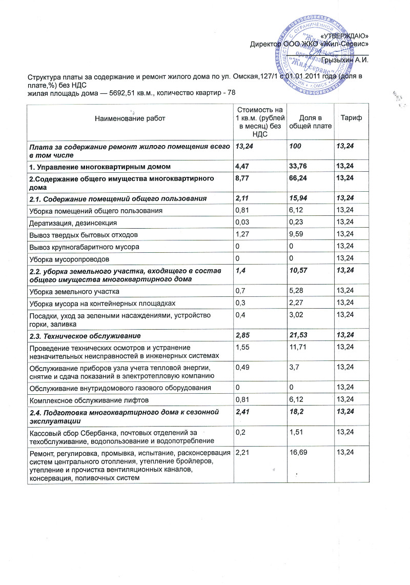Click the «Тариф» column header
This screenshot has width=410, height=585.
pyautogui.click(x=351, y=119)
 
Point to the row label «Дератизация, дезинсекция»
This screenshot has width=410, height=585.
pyautogui.click(x=73, y=224)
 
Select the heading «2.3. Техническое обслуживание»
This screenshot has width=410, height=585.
pyautogui.click(x=85, y=335)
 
